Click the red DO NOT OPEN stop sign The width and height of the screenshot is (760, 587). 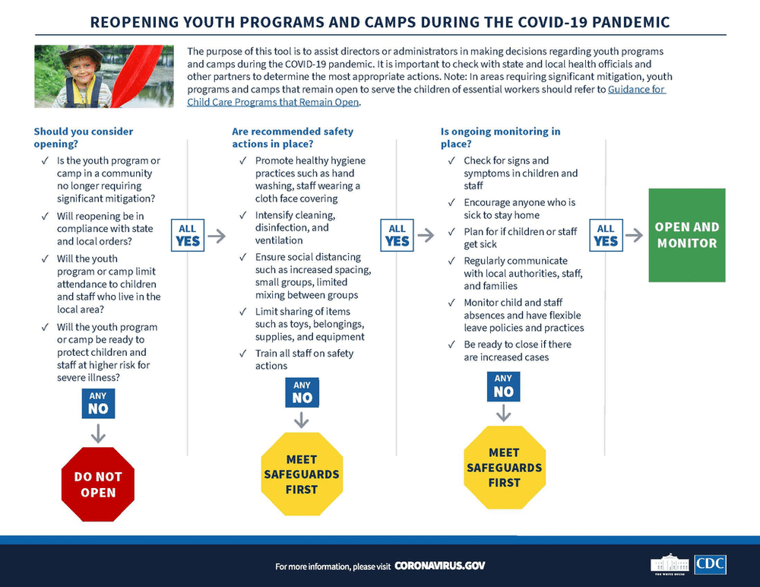98,484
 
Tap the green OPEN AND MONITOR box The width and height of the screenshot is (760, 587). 687,235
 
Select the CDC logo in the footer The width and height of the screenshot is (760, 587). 710,564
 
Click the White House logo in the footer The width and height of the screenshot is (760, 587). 670,564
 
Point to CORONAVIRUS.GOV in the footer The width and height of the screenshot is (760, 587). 439,566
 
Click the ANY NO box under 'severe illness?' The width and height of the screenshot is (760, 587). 98,403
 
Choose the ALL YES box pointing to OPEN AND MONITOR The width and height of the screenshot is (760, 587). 606,235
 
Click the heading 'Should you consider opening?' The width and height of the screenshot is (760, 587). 84,138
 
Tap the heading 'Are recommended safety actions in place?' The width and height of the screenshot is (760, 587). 293,138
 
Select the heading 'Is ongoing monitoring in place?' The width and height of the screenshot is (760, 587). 500,138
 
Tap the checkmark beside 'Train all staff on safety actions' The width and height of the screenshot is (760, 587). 243,353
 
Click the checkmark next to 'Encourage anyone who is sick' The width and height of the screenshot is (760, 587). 451,202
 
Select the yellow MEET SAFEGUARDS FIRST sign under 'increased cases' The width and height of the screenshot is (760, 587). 504,468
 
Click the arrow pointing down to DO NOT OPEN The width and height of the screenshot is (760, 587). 98,433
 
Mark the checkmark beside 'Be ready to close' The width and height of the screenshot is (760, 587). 451,344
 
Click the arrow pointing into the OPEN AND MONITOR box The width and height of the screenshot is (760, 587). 634,235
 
